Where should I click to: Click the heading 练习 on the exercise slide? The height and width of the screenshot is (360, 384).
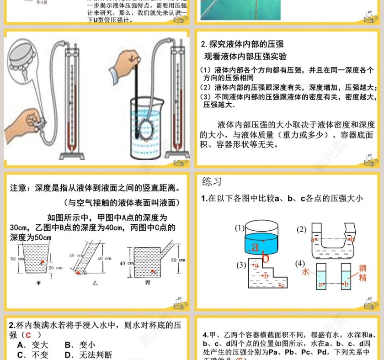212,182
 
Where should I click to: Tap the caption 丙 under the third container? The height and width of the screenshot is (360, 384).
147,283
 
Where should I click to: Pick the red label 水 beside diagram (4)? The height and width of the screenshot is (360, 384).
306,271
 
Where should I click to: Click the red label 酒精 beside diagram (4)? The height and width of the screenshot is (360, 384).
363,273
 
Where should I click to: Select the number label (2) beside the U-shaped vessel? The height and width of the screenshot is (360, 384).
301,229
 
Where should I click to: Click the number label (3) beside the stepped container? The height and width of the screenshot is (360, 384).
241,265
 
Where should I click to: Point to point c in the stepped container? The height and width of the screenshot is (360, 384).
282,286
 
